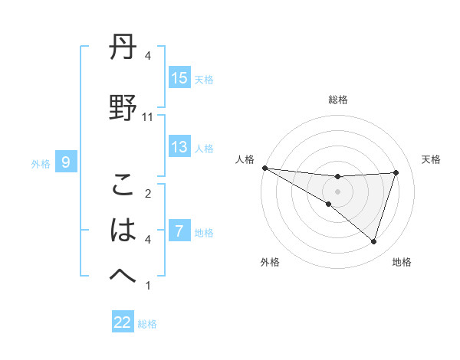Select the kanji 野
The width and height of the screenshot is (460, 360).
coord(123,107)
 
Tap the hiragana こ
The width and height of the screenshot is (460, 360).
coord(123,185)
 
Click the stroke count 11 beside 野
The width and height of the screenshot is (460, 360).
coord(147,116)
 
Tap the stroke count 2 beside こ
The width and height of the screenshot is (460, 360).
coord(148,193)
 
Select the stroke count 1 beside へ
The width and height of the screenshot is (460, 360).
coord(148,286)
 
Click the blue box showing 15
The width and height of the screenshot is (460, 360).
coord(179,78)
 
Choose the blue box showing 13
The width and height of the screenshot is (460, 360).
coord(179,147)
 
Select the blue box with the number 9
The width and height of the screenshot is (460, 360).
coord(66,162)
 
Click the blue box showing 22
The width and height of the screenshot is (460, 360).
coord(123,322)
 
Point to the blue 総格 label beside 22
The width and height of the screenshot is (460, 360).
coord(147,324)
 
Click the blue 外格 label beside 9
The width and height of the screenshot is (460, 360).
coord(41,163)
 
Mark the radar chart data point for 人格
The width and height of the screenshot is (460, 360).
coord(264,168)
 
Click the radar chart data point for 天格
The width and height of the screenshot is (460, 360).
coord(396,172)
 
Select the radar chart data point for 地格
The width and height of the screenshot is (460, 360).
coord(373,241)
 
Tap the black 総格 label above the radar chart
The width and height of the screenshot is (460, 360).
coord(337,100)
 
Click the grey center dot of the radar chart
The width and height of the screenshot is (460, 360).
coord(337,190)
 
